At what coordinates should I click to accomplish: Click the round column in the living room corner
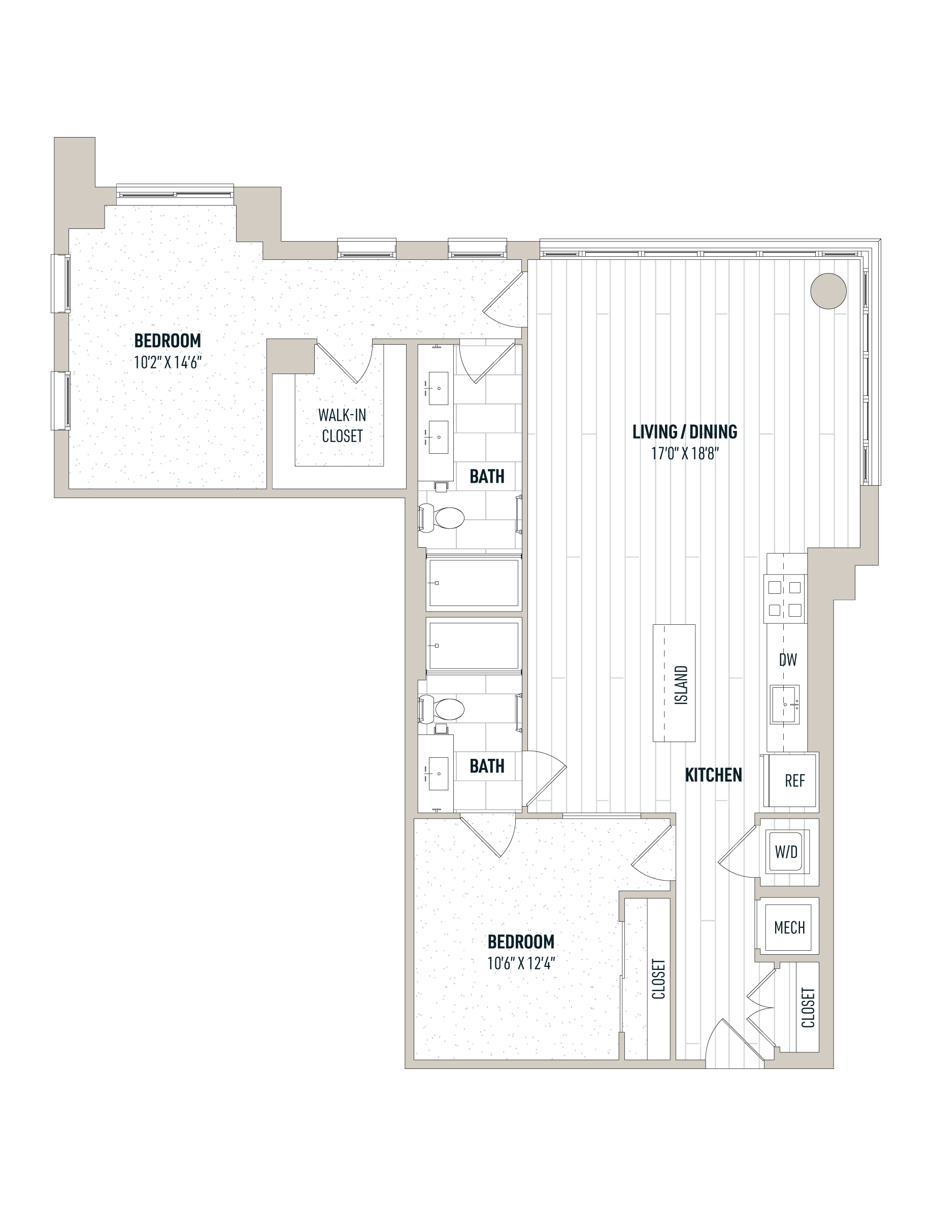point(828,291)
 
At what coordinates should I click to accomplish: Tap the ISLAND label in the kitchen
point(681,685)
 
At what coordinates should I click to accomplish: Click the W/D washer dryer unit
point(786,852)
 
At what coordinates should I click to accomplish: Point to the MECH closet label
point(789,927)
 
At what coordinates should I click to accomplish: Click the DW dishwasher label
point(788,659)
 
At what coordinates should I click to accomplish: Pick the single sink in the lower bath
point(438,773)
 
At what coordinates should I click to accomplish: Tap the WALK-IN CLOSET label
point(342,425)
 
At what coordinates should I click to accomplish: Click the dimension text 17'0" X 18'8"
point(685,454)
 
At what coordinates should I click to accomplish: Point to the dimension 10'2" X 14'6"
point(168,362)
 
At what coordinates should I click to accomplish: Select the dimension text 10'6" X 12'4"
point(521,963)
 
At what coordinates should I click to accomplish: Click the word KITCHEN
point(713,775)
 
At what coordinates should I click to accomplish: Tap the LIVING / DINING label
point(685,432)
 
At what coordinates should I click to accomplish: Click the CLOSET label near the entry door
point(808,1008)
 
